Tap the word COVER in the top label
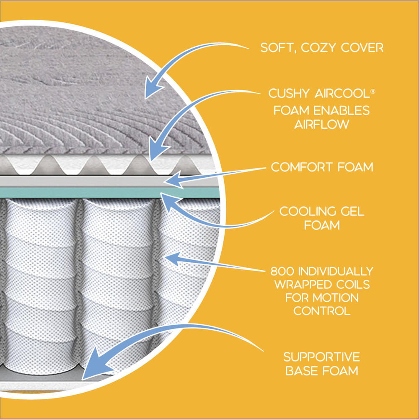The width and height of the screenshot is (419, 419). coord(362,47)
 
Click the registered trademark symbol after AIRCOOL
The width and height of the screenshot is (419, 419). coord(373,90)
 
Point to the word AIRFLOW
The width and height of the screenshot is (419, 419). coord(321,124)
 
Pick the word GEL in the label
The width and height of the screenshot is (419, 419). coord(351,211)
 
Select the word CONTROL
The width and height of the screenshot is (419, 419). coord(322,311)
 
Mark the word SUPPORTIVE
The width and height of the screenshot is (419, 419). coord(321,357)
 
